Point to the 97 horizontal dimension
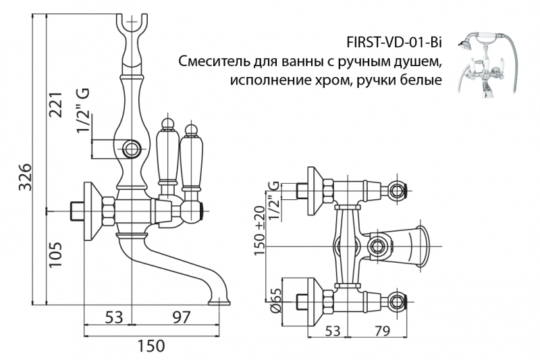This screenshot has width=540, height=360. (178, 317)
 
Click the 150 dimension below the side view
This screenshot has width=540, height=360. (151, 346)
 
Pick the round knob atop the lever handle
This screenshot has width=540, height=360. (167, 124)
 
